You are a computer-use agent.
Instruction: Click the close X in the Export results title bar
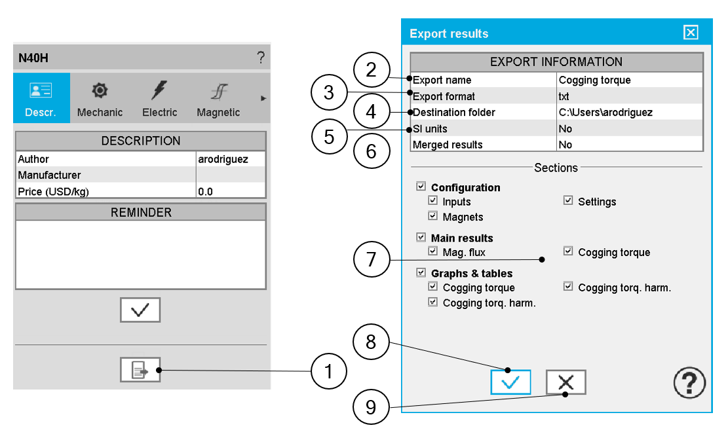(691, 33)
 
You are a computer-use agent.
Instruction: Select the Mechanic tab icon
(100, 90)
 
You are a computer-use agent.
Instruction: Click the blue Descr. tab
(41, 98)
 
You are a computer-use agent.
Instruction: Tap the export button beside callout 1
(140, 370)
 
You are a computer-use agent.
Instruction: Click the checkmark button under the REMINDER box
(140, 310)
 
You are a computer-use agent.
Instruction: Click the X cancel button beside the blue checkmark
(565, 382)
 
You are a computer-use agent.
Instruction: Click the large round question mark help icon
(689, 383)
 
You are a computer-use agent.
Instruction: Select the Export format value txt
(564, 96)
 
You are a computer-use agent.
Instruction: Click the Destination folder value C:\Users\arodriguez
(605, 112)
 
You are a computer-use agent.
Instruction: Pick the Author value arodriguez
(223, 159)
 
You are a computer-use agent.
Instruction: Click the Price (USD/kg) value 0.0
(205, 192)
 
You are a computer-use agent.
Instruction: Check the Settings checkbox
(568, 200)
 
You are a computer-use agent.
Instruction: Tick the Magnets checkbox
(432, 215)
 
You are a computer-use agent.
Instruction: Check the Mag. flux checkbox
(432, 251)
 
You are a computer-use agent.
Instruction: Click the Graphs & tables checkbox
(421, 272)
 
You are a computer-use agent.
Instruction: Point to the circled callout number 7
(372, 259)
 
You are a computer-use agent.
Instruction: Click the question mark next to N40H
(261, 58)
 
